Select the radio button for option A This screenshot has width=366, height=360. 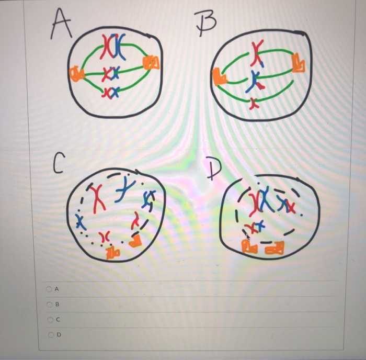pos(49,288)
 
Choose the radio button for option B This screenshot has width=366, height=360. pos(49,304)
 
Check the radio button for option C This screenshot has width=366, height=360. pos(49,319)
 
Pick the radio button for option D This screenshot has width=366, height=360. pos(49,335)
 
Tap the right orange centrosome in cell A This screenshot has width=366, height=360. pos(152,63)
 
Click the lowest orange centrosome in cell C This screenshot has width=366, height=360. pos(113,254)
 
